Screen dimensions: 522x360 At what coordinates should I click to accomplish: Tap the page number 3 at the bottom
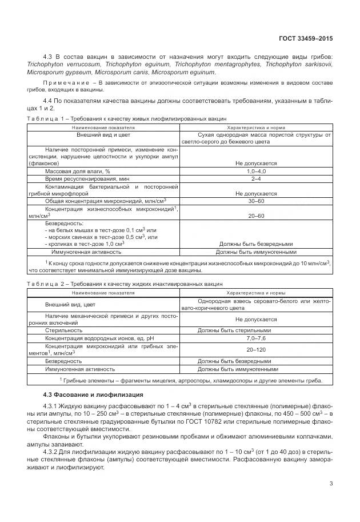[331, 485]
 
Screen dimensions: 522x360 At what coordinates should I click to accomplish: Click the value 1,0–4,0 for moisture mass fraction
[255, 171]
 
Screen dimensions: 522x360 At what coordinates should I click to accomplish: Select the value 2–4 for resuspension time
[255, 179]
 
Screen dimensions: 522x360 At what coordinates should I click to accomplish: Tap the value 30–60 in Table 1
[255, 201]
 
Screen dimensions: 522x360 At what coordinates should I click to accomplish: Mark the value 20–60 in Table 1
[255, 216]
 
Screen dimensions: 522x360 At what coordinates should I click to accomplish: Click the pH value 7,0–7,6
[255, 339]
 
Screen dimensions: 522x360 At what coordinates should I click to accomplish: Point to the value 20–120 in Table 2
[255, 349]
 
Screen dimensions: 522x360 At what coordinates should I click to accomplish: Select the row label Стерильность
[64, 330]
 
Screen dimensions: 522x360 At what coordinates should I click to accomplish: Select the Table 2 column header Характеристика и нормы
[255, 292]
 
